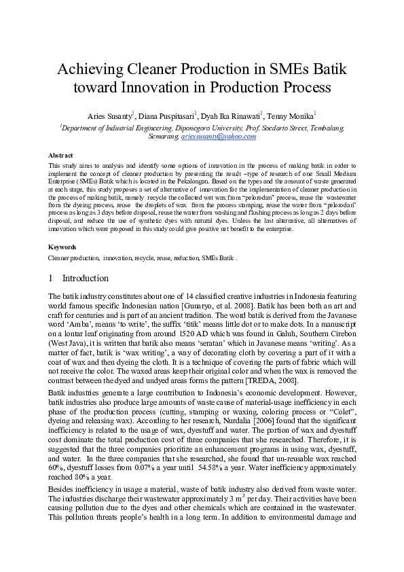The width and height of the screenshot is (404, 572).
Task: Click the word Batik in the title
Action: click(x=327, y=69)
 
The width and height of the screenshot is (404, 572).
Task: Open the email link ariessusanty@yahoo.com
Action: click(x=218, y=137)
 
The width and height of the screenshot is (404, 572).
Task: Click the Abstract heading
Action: click(x=61, y=156)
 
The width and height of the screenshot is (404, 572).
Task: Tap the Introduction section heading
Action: click(x=86, y=279)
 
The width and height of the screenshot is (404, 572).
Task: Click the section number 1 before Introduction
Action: click(x=51, y=279)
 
